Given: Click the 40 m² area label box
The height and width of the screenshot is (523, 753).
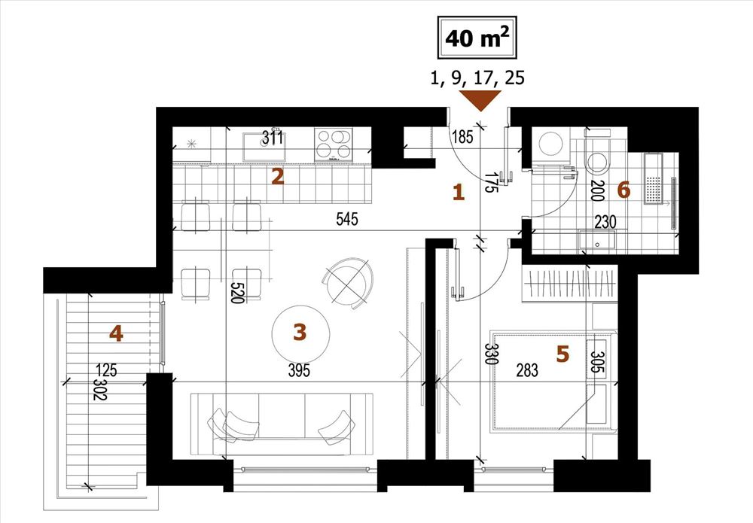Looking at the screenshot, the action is click(476, 38).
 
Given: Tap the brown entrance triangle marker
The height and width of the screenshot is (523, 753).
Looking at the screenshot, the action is click(480, 100).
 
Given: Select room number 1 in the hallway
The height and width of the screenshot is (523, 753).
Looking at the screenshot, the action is click(459, 193).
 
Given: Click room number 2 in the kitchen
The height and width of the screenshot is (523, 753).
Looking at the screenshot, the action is click(278, 177).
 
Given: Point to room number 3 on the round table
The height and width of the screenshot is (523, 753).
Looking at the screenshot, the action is click(300, 332).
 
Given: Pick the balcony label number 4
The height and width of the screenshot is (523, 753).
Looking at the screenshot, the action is click(116, 333).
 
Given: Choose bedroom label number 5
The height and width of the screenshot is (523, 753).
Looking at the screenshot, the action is click(562, 354).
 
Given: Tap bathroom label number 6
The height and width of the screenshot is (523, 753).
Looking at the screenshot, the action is click(623, 190).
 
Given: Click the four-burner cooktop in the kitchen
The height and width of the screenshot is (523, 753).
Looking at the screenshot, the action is click(334, 144).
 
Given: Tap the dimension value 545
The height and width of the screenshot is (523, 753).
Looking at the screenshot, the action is click(346, 219).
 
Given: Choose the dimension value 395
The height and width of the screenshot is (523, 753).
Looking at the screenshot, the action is click(299, 370).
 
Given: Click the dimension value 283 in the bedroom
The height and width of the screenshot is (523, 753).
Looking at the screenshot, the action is click(527, 370).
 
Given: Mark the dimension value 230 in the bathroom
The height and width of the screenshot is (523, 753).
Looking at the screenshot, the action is click(605, 222).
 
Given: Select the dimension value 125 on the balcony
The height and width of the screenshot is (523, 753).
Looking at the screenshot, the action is click(107, 370).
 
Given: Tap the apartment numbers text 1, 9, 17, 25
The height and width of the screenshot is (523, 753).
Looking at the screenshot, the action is click(477, 78).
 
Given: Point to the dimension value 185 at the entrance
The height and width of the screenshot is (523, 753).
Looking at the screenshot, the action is click(463, 137).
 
